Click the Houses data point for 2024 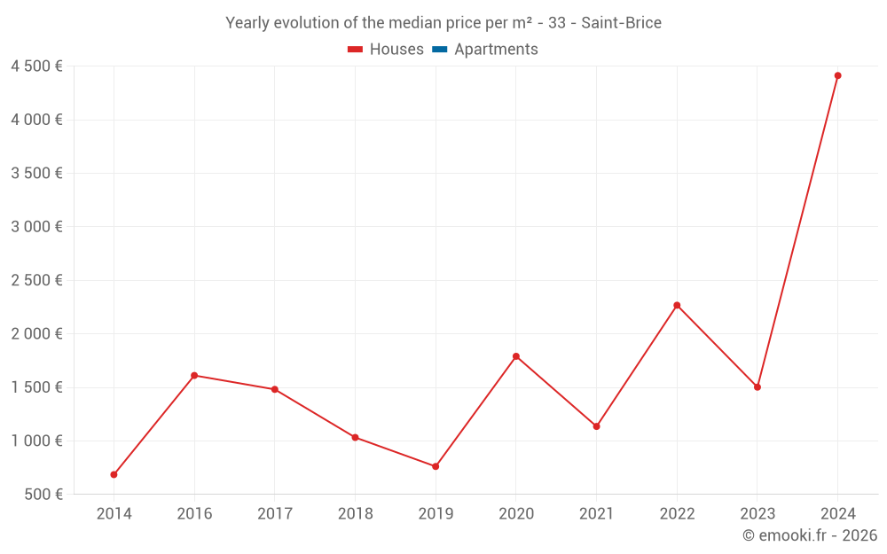point(837,75)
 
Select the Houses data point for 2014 point(114,474)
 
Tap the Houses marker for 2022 point(677,305)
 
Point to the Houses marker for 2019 point(436,466)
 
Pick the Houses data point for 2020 point(515,356)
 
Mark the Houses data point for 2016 point(194,375)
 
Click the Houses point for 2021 point(596,426)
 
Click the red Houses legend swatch point(355,50)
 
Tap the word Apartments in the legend point(496,50)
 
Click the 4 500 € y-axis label point(36,66)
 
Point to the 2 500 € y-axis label point(36,280)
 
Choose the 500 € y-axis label point(43,495)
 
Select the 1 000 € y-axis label point(36,441)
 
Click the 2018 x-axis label point(355,514)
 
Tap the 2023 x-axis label point(757,514)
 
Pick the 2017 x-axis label point(274,514)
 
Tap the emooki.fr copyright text point(810,535)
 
